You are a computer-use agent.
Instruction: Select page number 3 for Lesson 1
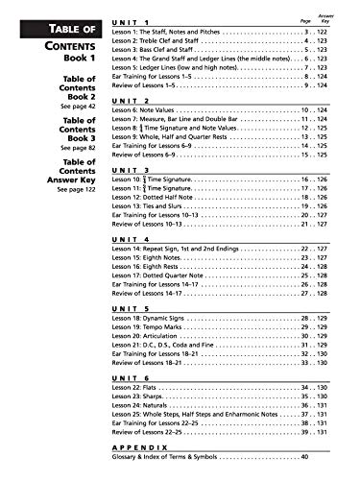306,33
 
